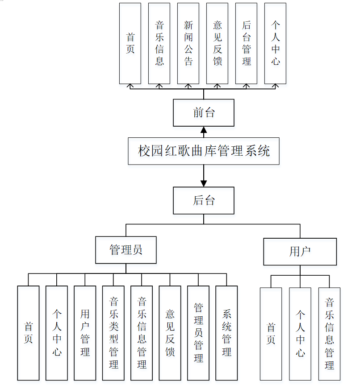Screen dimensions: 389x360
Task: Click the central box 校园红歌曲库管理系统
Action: pyautogui.click(x=204, y=151)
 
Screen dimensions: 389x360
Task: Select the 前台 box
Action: pyautogui.click(x=204, y=112)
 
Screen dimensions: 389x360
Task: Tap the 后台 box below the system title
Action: pyautogui.click(x=204, y=200)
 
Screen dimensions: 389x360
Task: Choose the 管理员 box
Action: pyautogui.click(x=126, y=250)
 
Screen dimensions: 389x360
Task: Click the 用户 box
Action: pyautogui.click(x=300, y=252)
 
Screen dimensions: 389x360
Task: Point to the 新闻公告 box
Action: pyautogui.click(x=188, y=43)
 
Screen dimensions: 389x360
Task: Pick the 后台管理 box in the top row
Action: pyautogui.click(x=246, y=43)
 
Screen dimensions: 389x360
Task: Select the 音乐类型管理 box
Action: pyautogui.click(x=113, y=333)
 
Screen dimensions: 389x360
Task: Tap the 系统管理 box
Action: pyautogui.click(x=226, y=333)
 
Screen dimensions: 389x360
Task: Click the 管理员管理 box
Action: pyautogui.click(x=198, y=333)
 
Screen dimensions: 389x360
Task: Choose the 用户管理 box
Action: pyautogui.click(x=85, y=333)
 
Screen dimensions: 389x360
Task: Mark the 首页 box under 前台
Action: pyautogui.click(x=130, y=43)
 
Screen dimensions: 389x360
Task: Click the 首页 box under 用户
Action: pyautogui.click(x=271, y=334)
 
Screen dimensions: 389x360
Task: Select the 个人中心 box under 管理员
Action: pyautogui.click(x=57, y=333)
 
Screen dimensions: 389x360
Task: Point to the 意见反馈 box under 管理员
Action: pyautogui.click(x=170, y=333)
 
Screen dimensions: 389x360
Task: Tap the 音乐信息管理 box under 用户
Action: pyautogui.click(x=329, y=334)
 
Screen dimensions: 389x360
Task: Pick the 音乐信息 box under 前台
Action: pyautogui.click(x=159, y=43)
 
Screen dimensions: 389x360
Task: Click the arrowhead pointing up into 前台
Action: pyautogui.click(x=204, y=130)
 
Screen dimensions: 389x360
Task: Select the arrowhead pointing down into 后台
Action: pyautogui.click(x=204, y=183)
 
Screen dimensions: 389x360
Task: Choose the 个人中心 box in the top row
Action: pyautogui.click(x=275, y=43)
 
